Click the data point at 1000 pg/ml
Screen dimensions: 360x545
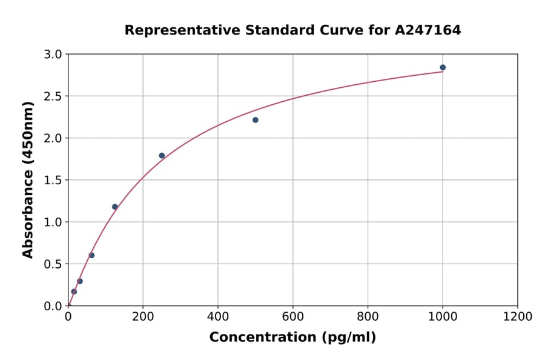[x=443, y=67]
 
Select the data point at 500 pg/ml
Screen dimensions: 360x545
[x=256, y=120]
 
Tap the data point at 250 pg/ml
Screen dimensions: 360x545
[x=162, y=156]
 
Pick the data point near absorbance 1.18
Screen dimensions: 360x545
[x=115, y=207]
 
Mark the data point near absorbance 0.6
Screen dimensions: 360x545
[x=91, y=255]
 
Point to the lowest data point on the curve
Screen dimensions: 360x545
[x=74, y=292]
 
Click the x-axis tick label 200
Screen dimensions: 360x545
[x=143, y=317]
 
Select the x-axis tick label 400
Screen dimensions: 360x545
[x=218, y=317]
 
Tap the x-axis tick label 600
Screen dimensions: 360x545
[x=293, y=317]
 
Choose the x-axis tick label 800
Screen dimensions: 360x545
[x=368, y=317]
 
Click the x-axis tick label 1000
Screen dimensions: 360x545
[x=443, y=317]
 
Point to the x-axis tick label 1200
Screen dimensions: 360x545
[x=518, y=317]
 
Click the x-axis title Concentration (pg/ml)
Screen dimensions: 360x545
[x=292, y=338]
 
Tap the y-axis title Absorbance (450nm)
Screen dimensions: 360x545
[x=28, y=179]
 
